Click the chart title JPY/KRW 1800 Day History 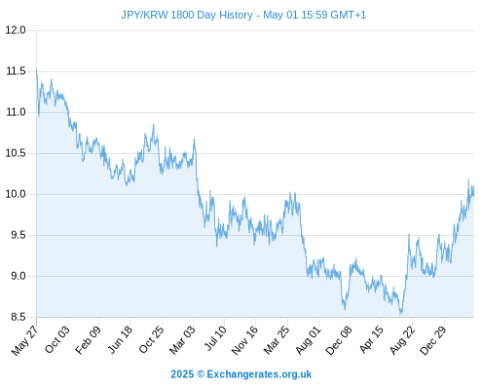[187, 15]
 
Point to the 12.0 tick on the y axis [16, 30]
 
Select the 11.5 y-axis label [16, 71]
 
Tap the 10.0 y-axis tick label [16, 194]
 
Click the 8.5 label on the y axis [18, 317]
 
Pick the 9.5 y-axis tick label [18, 235]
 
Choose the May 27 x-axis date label [24, 340]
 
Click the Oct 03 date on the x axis [57, 339]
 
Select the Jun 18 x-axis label [120, 339]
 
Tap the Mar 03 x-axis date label [182, 340]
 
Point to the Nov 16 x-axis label [244, 340]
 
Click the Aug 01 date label [308, 340]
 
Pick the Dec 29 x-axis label [433, 340]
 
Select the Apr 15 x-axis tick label [371, 339]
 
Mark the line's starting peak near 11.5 [36, 69]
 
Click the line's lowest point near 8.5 [401, 314]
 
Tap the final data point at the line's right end [474, 196]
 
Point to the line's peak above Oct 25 [153, 125]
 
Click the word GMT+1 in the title [348, 15]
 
